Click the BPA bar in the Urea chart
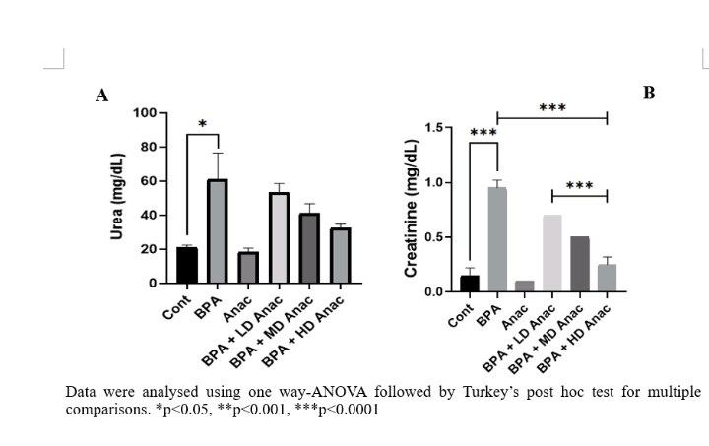point(217,231)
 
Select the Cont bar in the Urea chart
point(187,265)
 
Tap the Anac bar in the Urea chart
point(247,268)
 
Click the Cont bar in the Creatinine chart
point(470,284)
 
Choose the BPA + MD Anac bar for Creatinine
point(579,264)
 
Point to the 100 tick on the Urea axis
point(146,113)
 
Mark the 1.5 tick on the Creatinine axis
point(437,128)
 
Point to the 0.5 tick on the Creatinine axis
point(437,237)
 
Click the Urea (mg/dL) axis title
point(118,197)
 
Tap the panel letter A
point(101,96)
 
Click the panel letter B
point(649,93)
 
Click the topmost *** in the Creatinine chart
point(552,108)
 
